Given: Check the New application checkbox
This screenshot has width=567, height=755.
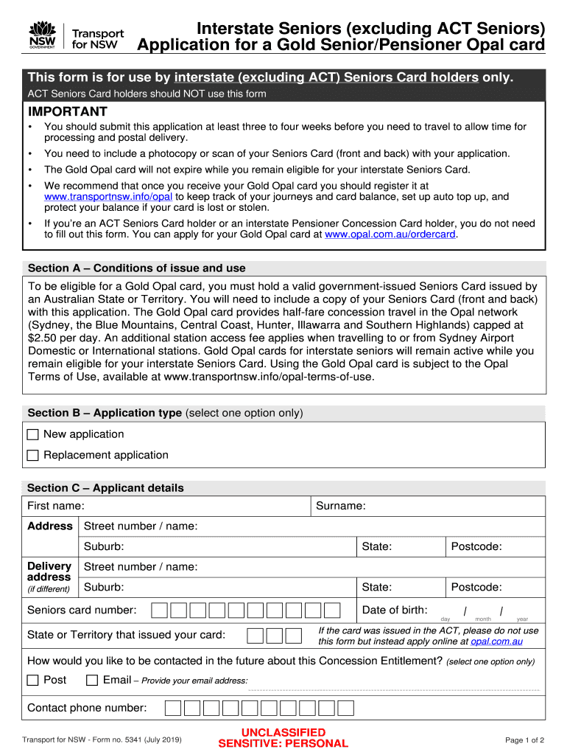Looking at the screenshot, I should [32, 435].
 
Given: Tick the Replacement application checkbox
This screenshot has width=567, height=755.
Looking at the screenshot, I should [32, 456].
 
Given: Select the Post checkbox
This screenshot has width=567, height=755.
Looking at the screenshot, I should [32, 681].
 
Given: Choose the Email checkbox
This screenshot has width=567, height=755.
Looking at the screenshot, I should [92, 681].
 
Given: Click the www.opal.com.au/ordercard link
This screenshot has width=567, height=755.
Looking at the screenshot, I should [390, 234].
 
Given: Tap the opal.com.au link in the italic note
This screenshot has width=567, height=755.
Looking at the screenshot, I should [496, 641].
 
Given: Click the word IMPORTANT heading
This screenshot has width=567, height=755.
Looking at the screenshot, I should [67, 112].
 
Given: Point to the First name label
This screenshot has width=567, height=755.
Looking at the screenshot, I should [55, 507].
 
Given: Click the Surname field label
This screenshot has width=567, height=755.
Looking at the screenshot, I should [340, 507].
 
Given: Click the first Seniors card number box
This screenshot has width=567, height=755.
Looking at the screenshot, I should [159, 610].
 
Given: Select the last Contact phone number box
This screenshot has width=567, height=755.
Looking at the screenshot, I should [346, 709].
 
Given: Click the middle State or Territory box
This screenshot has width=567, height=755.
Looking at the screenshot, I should [274, 636].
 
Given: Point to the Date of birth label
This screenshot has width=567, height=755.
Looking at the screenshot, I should [395, 610].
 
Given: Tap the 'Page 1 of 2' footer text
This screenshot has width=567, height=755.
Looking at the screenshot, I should [524, 740].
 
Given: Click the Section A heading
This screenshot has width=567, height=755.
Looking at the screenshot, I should [136, 268].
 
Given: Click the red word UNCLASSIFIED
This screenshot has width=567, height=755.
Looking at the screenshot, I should [283, 732].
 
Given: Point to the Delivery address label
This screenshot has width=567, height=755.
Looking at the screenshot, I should [49, 572].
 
